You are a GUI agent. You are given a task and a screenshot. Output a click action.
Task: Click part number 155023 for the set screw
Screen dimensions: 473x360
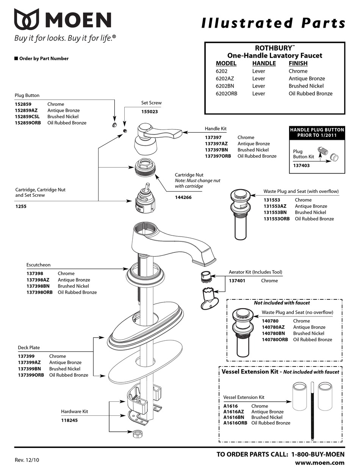pyautogui.click(x=149, y=112)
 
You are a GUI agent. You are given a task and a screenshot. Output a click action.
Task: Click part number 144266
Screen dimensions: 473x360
pyautogui.click(x=183, y=197)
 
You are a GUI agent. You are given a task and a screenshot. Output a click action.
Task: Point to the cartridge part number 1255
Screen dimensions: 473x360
pyautogui.click(x=21, y=207)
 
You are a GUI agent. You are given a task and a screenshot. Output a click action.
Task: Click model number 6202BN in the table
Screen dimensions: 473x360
pyautogui.click(x=225, y=86)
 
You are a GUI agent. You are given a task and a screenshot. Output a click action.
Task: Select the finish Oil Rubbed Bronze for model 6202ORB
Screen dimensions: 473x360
pyautogui.click(x=310, y=94)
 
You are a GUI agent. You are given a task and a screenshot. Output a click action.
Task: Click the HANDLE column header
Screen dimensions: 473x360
pyautogui.click(x=264, y=63)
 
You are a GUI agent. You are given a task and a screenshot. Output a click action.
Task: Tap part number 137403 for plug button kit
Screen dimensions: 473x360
pyautogui.click(x=302, y=165)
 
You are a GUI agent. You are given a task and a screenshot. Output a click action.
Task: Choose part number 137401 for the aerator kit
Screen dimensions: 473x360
pyautogui.click(x=237, y=281)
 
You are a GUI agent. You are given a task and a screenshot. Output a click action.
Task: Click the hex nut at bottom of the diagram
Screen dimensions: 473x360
pyautogui.click(x=137, y=433)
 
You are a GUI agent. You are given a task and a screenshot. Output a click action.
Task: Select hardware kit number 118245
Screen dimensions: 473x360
pyautogui.click(x=69, y=420)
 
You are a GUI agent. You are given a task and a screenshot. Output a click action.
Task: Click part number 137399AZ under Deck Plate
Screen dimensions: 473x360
pyautogui.click(x=31, y=363)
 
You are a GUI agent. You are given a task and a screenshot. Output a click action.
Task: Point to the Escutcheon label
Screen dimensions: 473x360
pyautogui.click(x=38, y=265)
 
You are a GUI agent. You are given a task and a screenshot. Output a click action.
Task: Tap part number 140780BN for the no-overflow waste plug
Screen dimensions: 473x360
pyautogui.click(x=273, y=334)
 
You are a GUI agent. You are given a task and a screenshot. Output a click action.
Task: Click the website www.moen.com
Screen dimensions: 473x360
pyautogui.click(x=320, y=463)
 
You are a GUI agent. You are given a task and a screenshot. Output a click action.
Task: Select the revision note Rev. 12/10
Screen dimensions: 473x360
pyautogui.click(x=27, y=460)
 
